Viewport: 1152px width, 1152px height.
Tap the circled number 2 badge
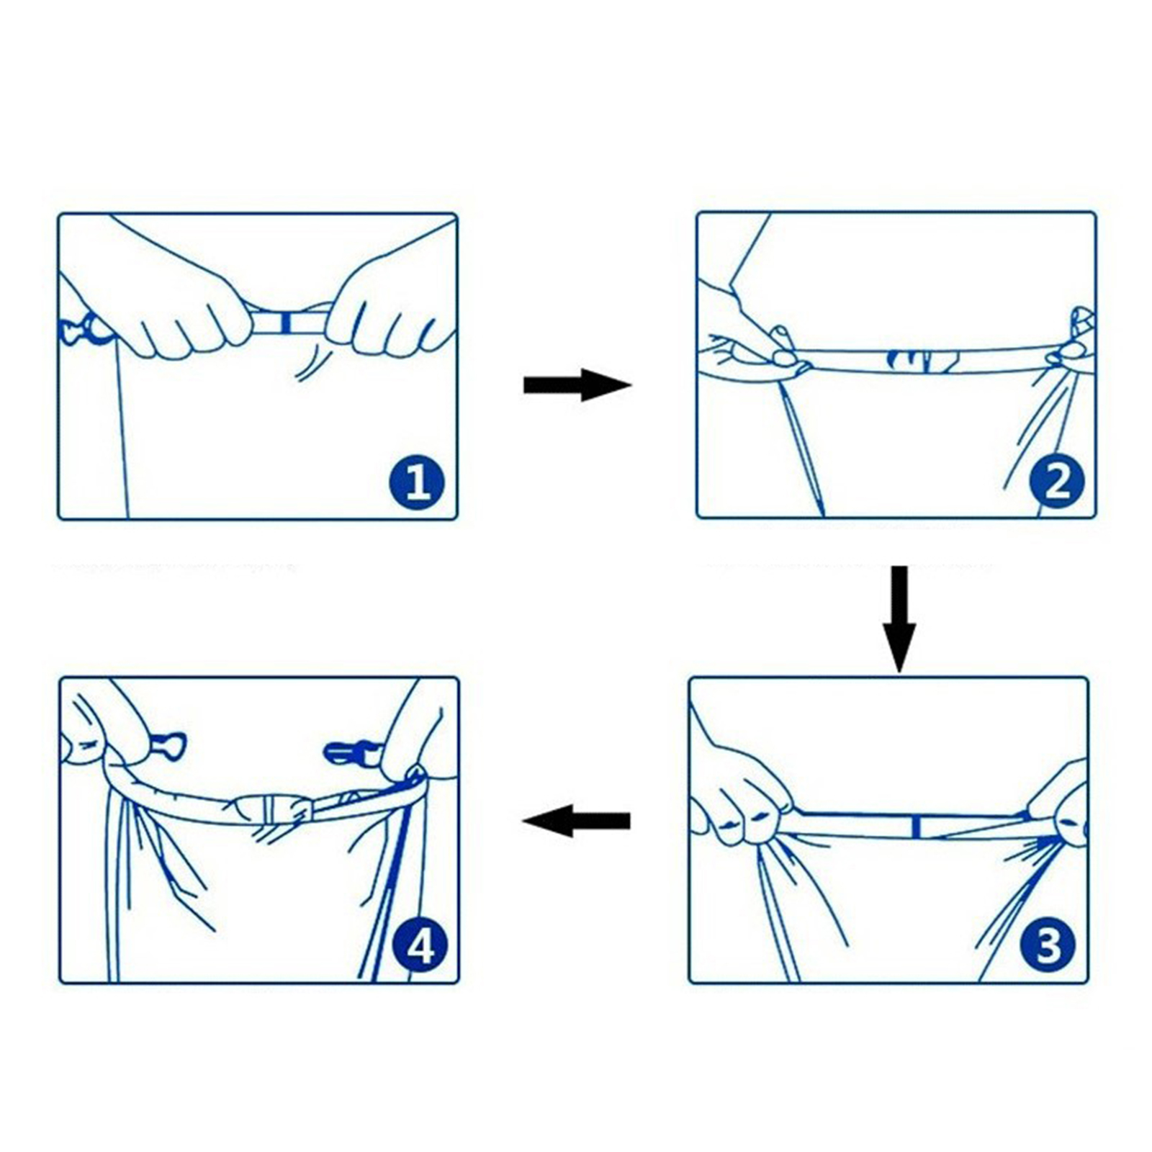click(x=1056, y=482)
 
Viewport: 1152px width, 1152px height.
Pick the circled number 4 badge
click(x=420, y=948)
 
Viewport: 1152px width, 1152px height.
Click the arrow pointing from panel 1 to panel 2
click(x=577, y=384)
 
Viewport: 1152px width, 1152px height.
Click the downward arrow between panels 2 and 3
click(x=899, y=618)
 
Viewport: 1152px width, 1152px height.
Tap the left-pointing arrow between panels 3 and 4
click(x=576, y=821)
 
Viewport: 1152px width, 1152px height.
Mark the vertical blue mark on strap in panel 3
click(x=916, y=827)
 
